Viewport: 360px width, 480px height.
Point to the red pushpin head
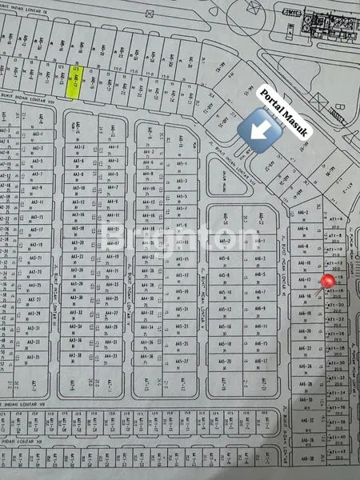point(327,282)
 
